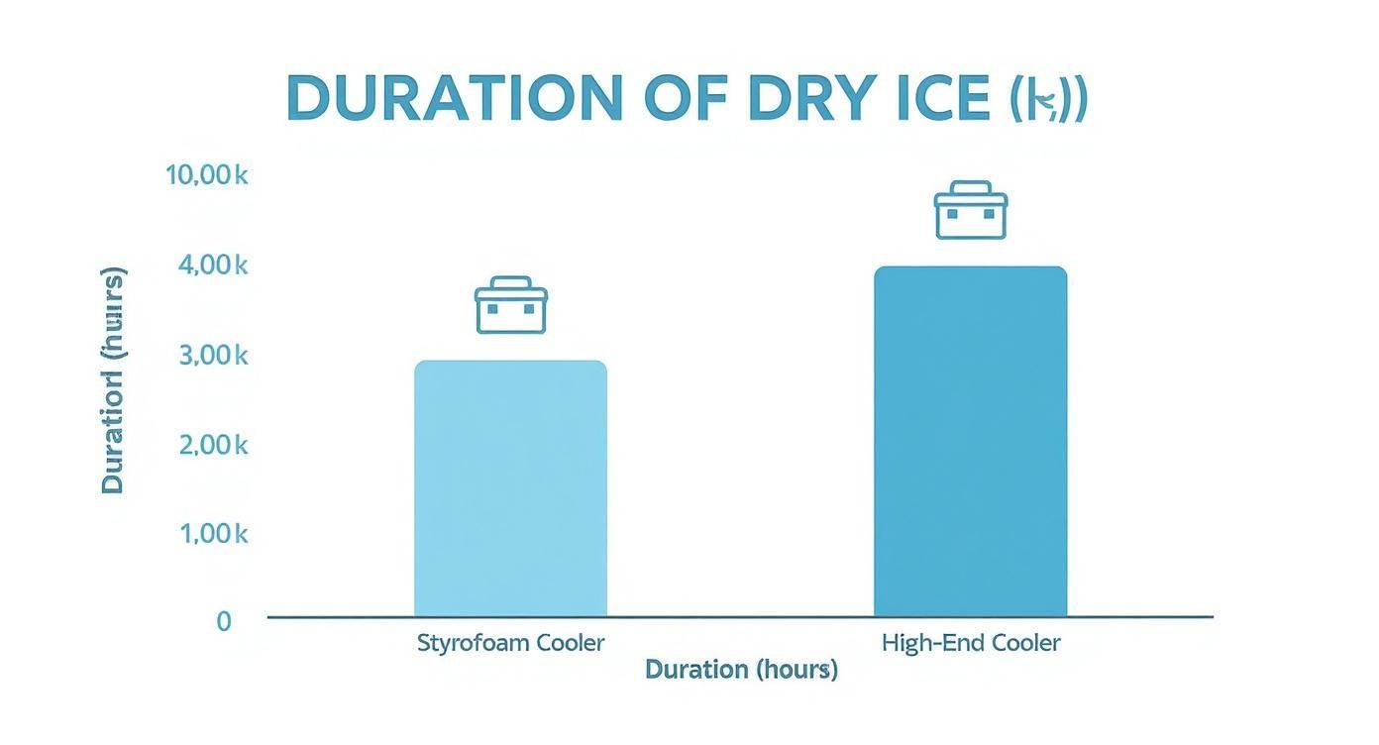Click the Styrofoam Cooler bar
tap(510, 487)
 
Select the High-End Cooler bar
tap(970, 441)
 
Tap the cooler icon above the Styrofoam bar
tap(510, 305)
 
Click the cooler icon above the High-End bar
tap(970, 210)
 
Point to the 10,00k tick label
tap(206, 175)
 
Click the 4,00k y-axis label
tap(212, 265)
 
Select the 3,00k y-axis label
tap(212, 355)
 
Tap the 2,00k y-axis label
tap(212, 445)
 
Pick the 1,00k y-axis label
tap(212, 534)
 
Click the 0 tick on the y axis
tap(224, 621)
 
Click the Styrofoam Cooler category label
tap(510, 642)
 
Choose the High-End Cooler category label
tap(970, 642)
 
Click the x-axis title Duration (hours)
tap(741, 670)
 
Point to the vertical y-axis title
tap(113, 380)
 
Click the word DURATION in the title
tap(455, 98)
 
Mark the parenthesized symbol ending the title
tap(1048, 98)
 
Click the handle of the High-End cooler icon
tap(970, 187)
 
